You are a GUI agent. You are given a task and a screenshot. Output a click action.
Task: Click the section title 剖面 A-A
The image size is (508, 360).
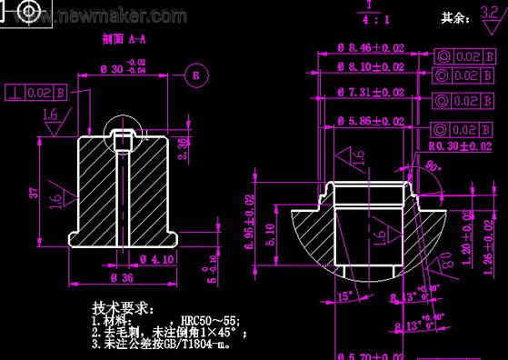125,41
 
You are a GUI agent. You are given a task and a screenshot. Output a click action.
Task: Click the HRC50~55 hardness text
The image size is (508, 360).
209,321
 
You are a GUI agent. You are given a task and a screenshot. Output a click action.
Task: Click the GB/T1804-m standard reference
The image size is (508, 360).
208,345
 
